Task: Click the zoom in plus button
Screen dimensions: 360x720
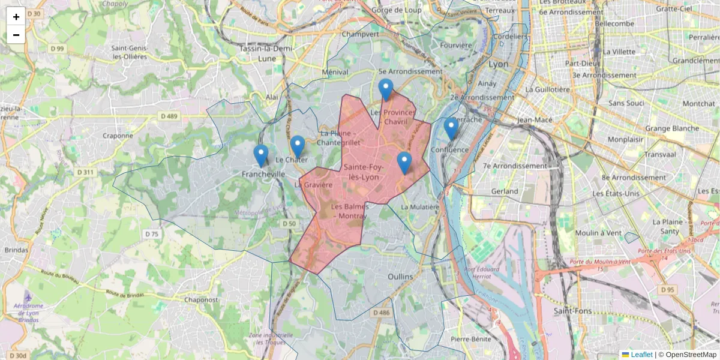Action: tap(16, 17)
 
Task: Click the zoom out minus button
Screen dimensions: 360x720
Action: tap(16, 35)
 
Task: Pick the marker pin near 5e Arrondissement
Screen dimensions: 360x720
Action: tap(386, 89)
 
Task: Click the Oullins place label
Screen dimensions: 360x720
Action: tap(401, 277)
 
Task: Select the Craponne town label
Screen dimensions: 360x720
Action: tap(118, 136)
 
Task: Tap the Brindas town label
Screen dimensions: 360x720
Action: tap(16, 250)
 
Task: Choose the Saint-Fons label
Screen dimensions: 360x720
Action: tap(572, 311)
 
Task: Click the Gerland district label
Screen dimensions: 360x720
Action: tap(504, 191)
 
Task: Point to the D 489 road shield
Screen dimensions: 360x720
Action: tap(169, 116)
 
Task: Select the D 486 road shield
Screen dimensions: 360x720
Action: tap(381, 313)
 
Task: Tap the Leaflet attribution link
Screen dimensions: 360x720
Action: tap(641, 355)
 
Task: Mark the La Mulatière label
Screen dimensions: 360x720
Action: tap(420, 207)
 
